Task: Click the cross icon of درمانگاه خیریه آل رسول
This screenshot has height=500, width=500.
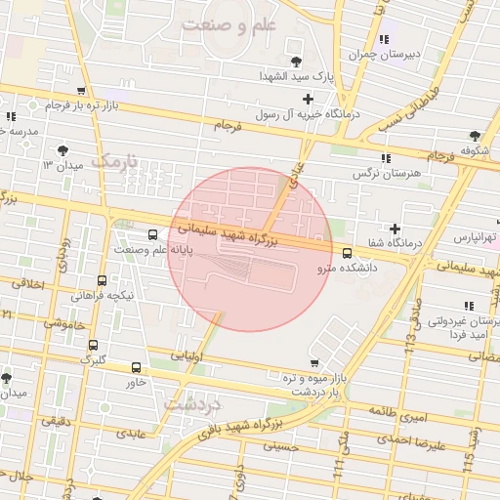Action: click(309, 99)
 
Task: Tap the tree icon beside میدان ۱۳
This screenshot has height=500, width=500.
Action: click(63, 149)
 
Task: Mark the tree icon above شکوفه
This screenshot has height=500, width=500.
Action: click(476, 136)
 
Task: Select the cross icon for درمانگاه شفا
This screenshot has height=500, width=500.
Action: click(395, 228)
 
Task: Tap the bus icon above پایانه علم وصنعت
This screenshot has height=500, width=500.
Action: click(151, 234)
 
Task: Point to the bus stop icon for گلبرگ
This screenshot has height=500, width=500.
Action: click(93, 345)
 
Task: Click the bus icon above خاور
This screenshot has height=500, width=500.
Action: click(135, 368)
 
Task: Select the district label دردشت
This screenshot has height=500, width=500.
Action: click(193, 402)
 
